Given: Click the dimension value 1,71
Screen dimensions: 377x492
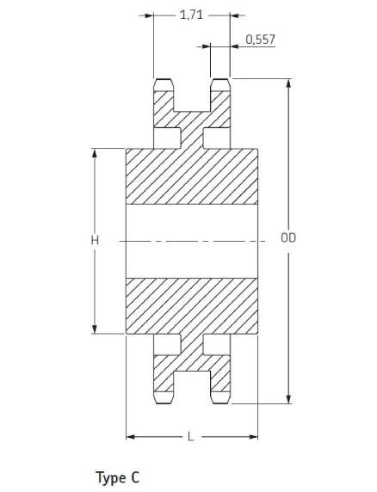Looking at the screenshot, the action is (191, 15).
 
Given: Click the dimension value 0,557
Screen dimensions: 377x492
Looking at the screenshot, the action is (260, 40).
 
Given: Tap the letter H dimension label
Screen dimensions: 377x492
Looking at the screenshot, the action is (95, 240).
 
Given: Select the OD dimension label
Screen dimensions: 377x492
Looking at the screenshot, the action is (288, 238).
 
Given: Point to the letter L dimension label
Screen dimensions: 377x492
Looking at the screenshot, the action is (190, 436).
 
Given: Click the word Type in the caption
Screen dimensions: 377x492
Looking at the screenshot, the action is (110, 478).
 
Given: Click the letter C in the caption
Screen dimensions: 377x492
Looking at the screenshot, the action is (135, 477).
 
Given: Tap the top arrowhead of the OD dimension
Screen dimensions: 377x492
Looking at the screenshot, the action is (288, 83).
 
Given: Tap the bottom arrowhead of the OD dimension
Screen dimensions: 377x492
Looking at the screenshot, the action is (288, 399).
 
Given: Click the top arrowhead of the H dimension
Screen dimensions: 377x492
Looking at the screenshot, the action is (95, 153).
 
